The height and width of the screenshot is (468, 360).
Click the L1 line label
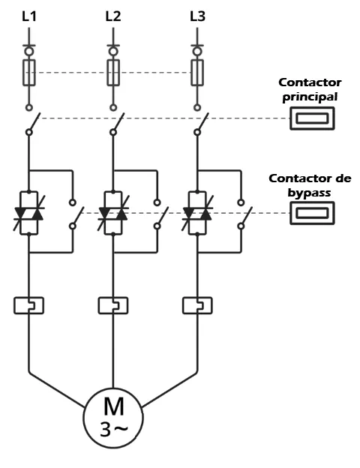[x=29, y=16]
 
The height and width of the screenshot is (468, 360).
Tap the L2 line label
[x=113, y=16]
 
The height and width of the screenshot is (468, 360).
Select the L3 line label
[x=197, y=16]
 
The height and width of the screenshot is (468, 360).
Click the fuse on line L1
[x=29, y=73]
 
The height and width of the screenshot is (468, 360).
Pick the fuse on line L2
[x=113, y=73]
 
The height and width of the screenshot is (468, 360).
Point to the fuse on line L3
[x=197, y=73]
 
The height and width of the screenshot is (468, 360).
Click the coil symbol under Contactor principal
[x=312, y=118]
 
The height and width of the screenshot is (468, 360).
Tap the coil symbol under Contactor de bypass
[x=312, y=213]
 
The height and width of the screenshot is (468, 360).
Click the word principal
[x=310, y=97]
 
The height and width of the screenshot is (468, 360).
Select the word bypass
[x=309, y=193]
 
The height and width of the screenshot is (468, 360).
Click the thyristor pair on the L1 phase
[x=29, y=213]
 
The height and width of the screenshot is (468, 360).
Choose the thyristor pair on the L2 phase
[x=113, y=213]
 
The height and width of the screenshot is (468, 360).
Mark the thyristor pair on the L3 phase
[x=197, y=213]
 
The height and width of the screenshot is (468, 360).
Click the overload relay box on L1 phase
[x=29, y=305]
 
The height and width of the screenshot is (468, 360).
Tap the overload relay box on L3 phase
[x=197, y=305]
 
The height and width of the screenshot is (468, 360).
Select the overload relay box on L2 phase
[x=113, y=305]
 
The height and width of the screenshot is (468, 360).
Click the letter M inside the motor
[x=114, y=406]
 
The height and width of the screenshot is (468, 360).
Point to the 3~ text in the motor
[x=114, y=430]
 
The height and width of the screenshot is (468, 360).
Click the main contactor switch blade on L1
[x=34, y=122]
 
